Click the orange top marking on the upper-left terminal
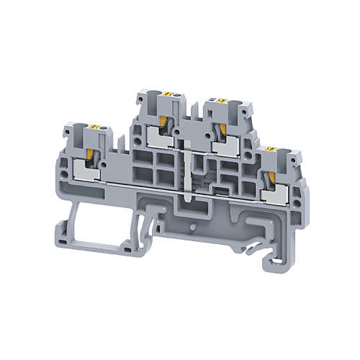click(166, 95)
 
